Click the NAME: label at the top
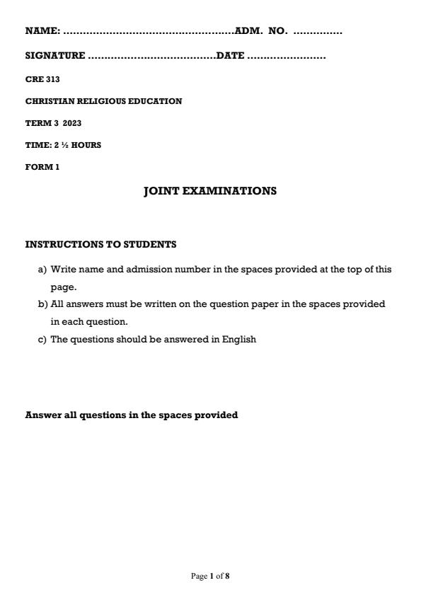click(x=42, y=31)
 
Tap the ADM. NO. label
click(x=261, y=31)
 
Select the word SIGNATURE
click(x=55, y=56)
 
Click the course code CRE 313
click(x=42, y=79)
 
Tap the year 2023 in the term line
click(x=72, y=123)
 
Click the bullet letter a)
click(x=42, y=270)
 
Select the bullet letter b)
click(x=42, y=304)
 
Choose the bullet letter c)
click(x=42, y=339)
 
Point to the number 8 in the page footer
click(x=227, y=576)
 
